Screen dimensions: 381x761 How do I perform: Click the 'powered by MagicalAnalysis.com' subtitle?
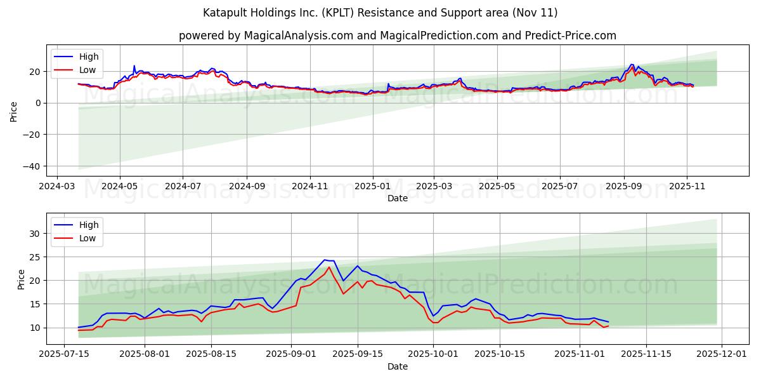point(397,36)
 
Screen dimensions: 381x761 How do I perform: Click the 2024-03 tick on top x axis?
point(58,186)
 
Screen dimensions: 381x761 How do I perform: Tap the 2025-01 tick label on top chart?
point(372,186)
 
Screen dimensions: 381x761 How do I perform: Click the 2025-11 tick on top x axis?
point(687,186)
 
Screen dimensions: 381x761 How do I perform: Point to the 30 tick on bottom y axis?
point(35,234)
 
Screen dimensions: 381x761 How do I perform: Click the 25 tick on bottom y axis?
point(35,257)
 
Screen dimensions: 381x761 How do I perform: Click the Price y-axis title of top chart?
point(14,111)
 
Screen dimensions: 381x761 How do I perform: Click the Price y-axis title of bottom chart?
point(22,279)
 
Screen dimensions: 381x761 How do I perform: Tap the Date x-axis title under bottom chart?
point(397,366)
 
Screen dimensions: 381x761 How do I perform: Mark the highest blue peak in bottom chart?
point(325,260)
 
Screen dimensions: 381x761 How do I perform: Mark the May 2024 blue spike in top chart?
point(134,65)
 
